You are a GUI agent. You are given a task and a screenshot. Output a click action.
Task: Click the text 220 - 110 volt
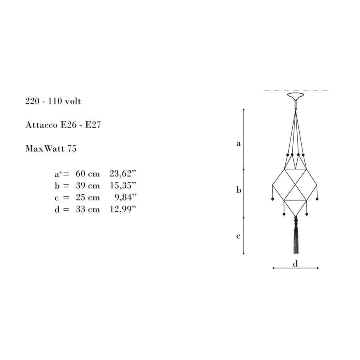pyautogui.click(x=53, y=101)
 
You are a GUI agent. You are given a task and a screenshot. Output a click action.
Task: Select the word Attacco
pyautogui.click(x=41, y=125)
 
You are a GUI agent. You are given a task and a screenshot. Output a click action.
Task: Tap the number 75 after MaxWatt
pyautogui.click(x=72, y=148)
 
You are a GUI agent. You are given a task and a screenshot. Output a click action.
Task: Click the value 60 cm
pyautogui.click(x=88, y=174)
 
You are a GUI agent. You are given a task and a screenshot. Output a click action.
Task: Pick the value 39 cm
pyautogui.click(x=88, y=186)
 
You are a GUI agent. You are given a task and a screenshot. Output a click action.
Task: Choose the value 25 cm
pyautogui.click(x=88, y=198)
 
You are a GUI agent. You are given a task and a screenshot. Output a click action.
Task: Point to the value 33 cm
pyautogui.click(x=88, y=209)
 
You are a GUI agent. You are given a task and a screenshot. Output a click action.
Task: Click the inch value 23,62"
pyautogui.click(x=123, y=174)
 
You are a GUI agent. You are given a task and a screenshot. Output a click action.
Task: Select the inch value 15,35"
pyautogui.click(x=123, y=186)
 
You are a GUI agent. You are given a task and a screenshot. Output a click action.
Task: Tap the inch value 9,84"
pyautogui.click(x=126, y=198)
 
